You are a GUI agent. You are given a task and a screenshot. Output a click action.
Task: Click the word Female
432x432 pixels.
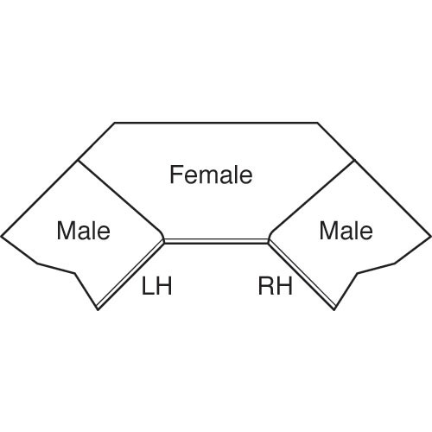point(211,175)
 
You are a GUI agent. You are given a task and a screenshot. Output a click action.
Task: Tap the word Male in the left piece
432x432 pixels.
point(84,231)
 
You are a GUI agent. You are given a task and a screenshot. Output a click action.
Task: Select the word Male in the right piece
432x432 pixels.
point(346,231)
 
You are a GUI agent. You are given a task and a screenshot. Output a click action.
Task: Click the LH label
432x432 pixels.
point(157,286)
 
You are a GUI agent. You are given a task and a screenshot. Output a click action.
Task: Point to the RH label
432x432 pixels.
point(276,286)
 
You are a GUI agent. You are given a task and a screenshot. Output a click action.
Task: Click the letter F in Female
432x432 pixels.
point(175,175)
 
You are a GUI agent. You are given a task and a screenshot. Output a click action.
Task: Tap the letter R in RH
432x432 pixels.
point(266,286)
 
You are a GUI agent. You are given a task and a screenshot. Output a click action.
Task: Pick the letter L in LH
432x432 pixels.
point(147,286)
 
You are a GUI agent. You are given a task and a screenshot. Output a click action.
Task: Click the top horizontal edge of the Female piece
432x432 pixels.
point(216,123)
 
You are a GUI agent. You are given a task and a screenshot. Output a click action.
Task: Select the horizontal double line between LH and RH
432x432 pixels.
point(216,241)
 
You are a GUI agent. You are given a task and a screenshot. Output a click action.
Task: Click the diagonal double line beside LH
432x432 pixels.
point(130,275)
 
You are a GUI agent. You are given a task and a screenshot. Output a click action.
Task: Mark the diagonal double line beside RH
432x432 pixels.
point(302,275)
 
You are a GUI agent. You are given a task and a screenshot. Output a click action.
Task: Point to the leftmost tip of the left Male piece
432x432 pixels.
point(1,237)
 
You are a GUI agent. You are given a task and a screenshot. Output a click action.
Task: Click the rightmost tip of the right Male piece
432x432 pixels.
point(431,237)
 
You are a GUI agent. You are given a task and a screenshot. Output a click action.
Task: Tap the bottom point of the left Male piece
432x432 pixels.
point(98,309)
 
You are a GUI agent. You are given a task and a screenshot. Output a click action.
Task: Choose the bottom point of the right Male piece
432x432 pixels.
point(334,309)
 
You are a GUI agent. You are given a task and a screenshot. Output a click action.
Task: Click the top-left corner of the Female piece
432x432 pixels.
point(115,123)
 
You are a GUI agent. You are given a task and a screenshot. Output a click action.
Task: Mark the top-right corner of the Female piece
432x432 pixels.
point(318,123)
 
